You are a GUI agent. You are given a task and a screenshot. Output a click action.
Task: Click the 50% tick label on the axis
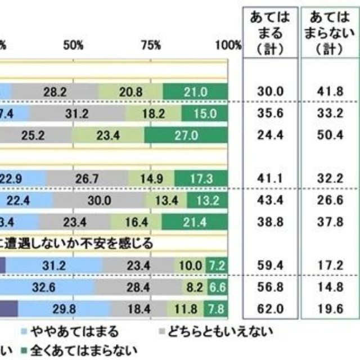[74, 44]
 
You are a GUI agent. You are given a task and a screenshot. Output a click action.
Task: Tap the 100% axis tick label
[228, 44]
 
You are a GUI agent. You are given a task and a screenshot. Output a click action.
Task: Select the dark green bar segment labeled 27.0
[186, 134]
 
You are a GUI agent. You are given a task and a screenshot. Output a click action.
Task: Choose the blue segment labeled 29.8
[64, 308]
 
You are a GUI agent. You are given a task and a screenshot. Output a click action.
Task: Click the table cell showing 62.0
[268, 308]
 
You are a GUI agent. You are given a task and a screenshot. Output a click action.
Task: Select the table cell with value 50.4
[328, 134]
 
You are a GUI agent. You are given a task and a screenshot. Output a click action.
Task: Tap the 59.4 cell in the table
[268, 264]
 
